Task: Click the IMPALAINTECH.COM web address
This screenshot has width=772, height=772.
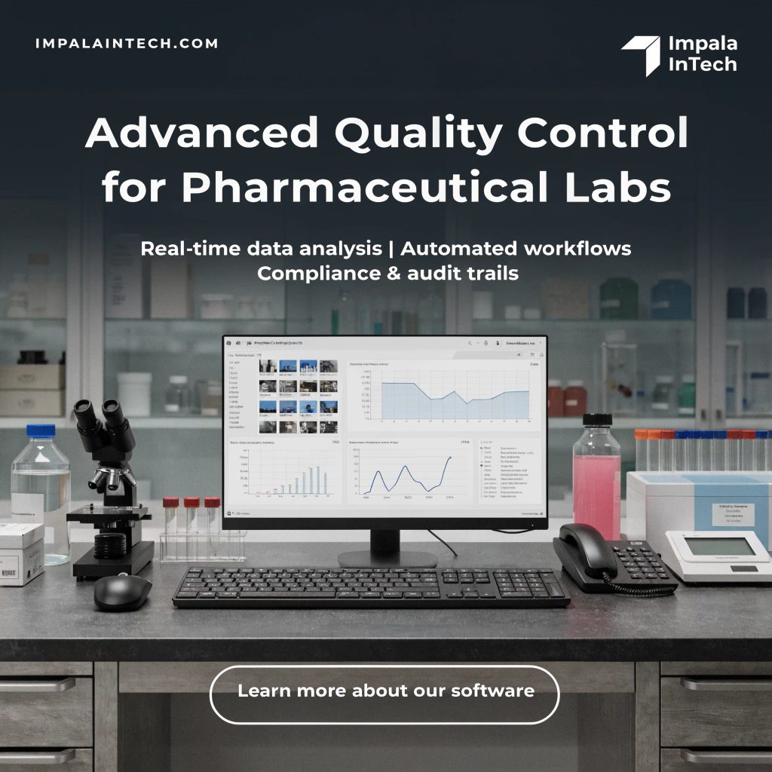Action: (x=127, y=43)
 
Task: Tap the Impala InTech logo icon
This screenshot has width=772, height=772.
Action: (x=641, y=55)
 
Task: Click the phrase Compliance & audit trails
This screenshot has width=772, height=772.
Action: (x=388, y=274)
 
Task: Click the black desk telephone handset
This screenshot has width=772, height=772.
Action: (x=580, y=551)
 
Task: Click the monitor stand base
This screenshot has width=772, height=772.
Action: (x=386, y=559)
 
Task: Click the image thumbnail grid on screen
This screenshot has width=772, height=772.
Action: (x=297, y=396)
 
